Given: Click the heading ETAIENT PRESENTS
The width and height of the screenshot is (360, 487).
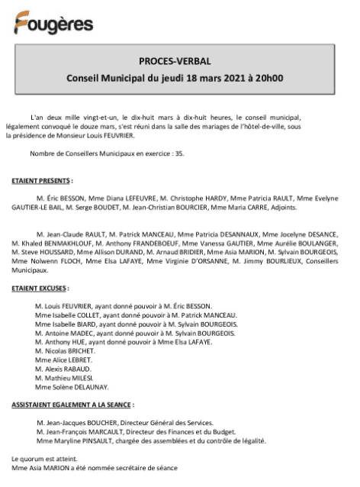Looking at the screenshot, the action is click(42, 181).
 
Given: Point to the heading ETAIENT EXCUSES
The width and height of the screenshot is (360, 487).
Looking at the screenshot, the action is click(40, 289).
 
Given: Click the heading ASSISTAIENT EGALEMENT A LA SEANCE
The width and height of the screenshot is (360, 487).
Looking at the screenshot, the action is click(73, 405).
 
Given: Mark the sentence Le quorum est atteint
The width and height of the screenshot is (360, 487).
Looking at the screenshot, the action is click(43, 458).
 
